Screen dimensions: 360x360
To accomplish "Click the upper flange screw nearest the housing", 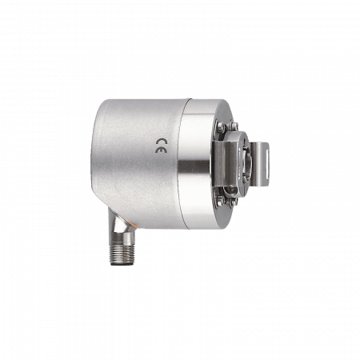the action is [221, 126].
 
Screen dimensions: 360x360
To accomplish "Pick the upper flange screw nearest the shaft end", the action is [234, 125].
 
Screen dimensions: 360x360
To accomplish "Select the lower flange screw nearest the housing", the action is [220, 199].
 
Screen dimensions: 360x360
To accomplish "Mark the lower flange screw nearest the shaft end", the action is [234, 202].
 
